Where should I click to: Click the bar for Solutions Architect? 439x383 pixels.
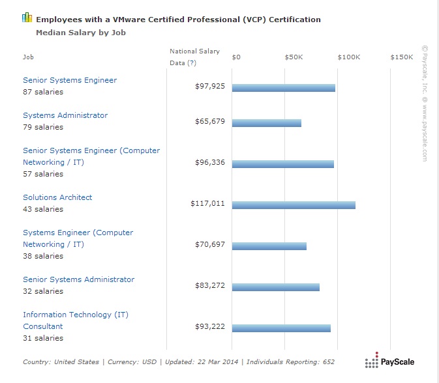click(294, 205)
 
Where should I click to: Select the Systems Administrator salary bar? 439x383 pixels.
click(267, 123)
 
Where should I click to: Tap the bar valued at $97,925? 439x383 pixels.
click(284, 88)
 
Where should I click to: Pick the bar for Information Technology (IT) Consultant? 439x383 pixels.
click(281, 328)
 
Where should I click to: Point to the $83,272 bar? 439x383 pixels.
click(276, 287)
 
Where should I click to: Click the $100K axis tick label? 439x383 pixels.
click(349, 57)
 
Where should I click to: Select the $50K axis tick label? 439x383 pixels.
click(294, 57)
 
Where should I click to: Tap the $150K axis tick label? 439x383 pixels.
click(402, 57)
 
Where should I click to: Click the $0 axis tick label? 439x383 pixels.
click(236, 57)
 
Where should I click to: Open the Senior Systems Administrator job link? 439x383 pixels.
click(78, 279)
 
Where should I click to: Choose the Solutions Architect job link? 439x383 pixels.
click(57, 197)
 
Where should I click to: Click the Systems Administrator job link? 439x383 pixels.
click(65, 115)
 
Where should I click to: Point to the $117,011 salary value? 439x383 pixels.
click(207, 204)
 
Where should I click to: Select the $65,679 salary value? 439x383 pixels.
click(210, 122)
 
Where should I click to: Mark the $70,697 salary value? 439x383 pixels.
click(210, 245)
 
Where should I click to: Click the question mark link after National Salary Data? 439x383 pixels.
click(191, 63)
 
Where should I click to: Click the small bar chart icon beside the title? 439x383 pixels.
click(27, 18)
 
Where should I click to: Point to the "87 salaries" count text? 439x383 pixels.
click(43, 92)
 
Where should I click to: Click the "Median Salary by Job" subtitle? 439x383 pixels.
click(81, 32)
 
